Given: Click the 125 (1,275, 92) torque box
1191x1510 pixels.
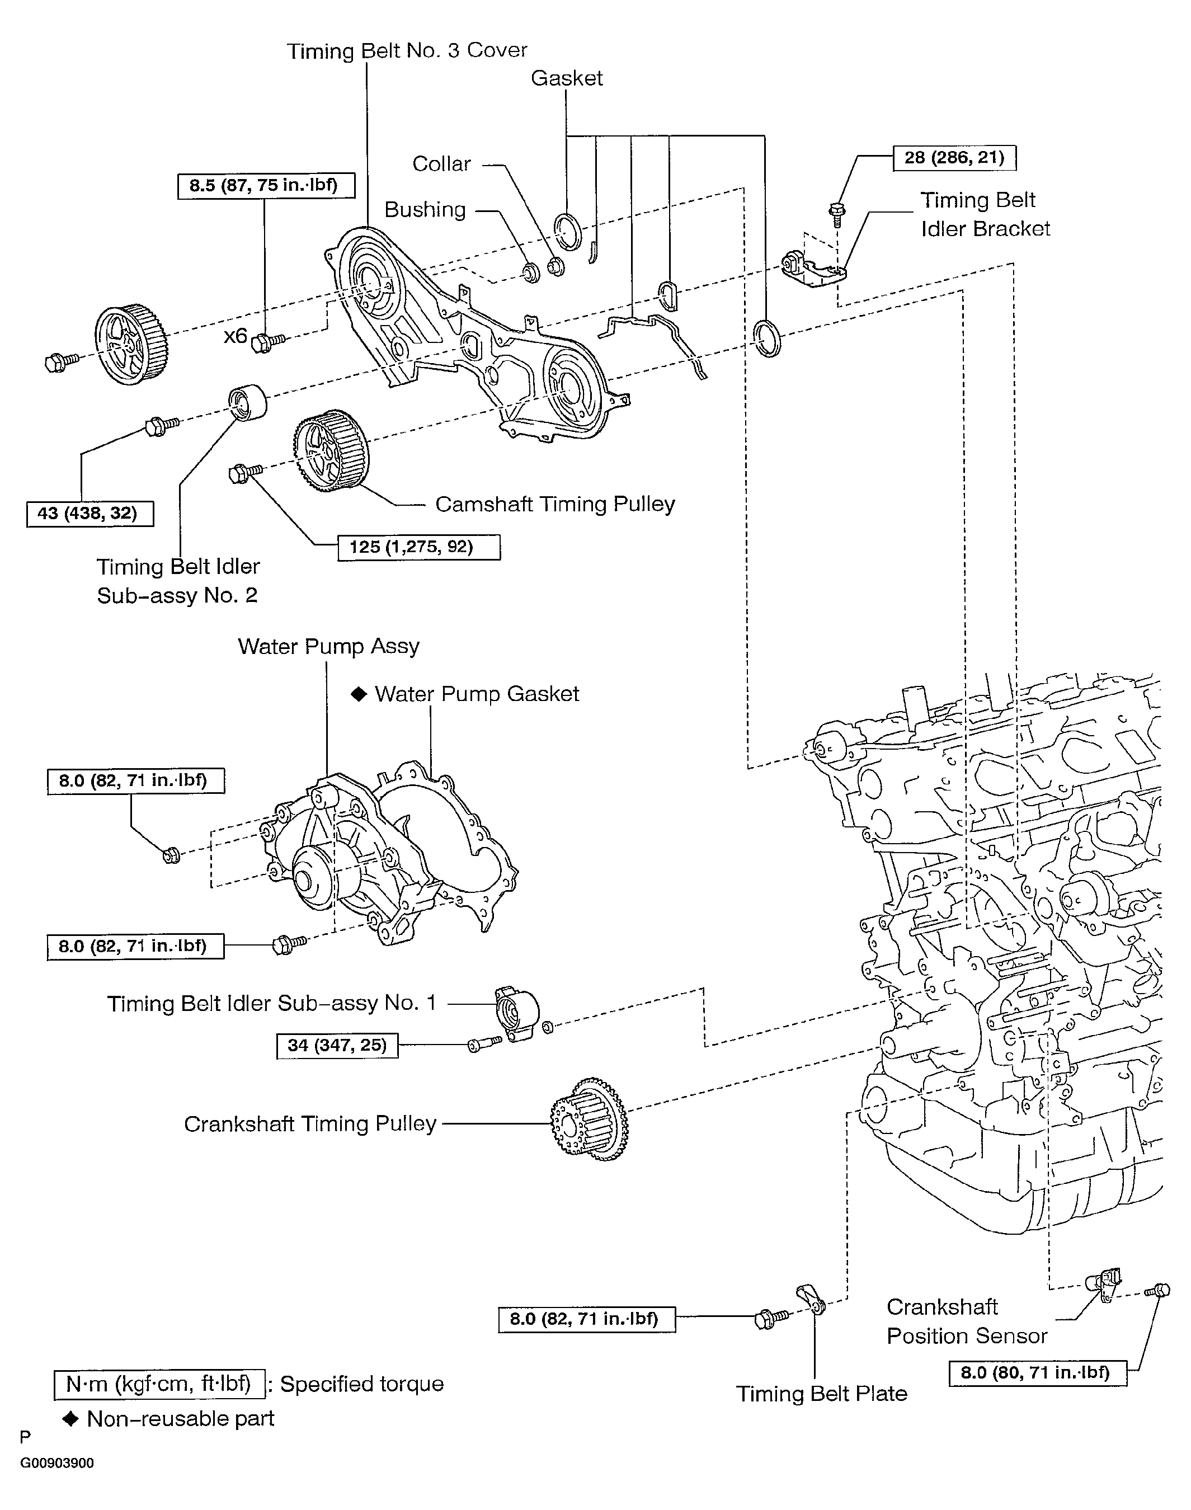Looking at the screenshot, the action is (419, 547).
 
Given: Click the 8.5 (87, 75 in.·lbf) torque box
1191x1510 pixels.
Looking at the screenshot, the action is (266, 186).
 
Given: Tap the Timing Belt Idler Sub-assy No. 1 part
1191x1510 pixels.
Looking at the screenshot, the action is (517, 1013).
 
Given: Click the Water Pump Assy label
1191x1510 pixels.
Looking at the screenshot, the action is (328, 647).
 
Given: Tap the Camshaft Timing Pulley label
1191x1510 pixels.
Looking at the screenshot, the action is (555, 504).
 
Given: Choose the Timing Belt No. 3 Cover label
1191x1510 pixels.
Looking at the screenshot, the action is (407, 50).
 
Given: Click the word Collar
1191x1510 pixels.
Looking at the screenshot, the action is (441, 164).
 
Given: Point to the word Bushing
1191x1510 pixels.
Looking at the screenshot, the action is (425, 210).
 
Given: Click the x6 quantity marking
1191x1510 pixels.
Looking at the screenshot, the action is (235, 336).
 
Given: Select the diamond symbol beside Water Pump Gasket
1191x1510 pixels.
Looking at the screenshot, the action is (359, 694).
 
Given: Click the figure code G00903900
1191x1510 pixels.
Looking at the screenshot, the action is (57, 1463).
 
